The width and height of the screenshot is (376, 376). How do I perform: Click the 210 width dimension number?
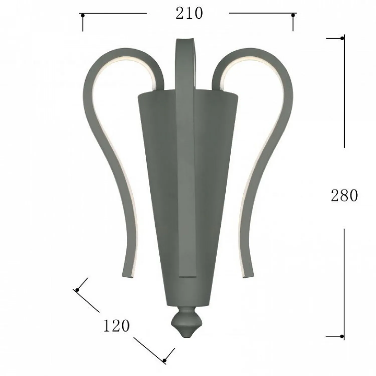click(189, 14)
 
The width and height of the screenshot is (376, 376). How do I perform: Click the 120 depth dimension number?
click(117, 326)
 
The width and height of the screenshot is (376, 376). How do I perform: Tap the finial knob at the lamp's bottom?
click(184, 322)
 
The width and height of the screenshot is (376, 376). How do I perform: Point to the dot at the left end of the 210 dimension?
click(82, 16)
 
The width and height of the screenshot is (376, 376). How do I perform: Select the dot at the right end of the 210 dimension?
click(293, 16)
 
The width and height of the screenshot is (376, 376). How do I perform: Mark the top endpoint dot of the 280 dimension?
click(342, 38)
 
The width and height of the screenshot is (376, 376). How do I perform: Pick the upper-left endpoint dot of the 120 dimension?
click(77, 290)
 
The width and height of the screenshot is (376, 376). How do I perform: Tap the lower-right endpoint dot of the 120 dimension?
click(164, 360)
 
